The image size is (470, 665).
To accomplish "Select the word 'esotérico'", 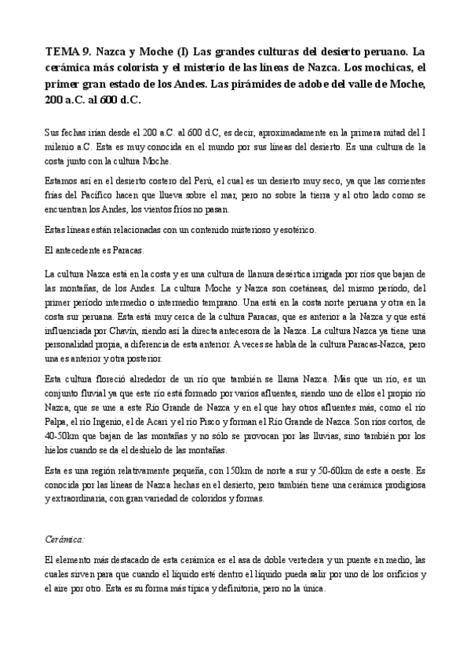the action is [291, 230].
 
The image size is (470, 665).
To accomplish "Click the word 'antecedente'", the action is [81, 251].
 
